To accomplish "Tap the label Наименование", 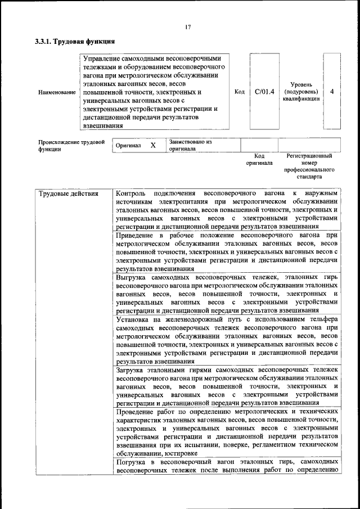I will tap(56, 92).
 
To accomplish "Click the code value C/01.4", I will tap(264, 91).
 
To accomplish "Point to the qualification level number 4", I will tap(332, 91).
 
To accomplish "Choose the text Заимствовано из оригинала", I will tap(190, 146).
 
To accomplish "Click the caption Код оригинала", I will tap(259, 159).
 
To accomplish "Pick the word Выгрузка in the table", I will tap(134, 277).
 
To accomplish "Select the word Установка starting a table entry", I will tap(135, 318).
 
